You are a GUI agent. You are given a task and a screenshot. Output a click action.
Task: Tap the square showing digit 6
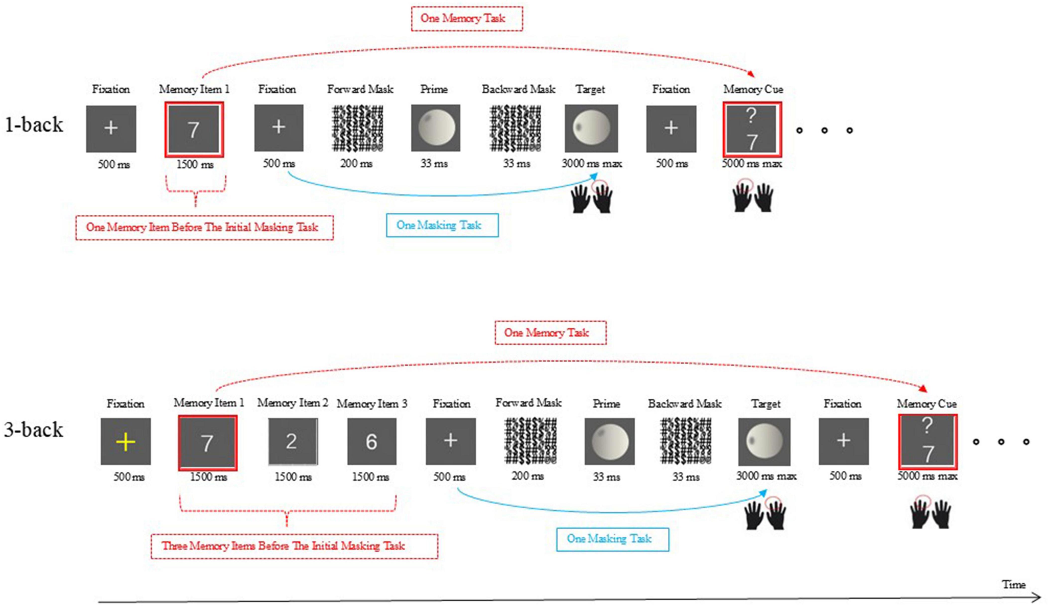[x=371, y=441]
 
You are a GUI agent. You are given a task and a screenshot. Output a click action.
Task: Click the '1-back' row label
[x=34, y=124]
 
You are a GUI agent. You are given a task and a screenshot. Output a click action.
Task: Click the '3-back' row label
[x=34, y=429]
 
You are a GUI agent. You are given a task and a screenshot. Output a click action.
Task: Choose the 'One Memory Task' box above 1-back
[x=467, y=18]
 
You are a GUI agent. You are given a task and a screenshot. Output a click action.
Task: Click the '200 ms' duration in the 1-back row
[x=356, y=164]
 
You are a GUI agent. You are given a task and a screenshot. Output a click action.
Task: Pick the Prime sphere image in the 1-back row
[x=435, y=128]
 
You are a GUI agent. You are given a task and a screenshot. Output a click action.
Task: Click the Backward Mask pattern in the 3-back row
[x=686, y=441]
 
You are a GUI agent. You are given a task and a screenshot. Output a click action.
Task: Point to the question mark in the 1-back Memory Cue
[x=751, y=116]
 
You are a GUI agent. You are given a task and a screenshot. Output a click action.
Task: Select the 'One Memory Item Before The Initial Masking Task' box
[x=204, y=227]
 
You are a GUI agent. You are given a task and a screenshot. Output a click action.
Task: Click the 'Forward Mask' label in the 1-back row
[x=360, y=89]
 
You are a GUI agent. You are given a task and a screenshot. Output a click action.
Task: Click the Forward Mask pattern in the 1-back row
[x=357, y=128]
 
